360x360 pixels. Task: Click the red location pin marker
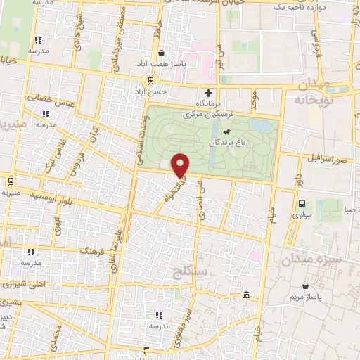point(181,165)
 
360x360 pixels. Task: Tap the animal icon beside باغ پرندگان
point(226,132)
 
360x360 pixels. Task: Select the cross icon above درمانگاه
point(208,93)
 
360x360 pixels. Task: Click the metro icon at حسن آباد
point(149,81)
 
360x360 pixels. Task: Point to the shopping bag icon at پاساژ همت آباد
point(162,53)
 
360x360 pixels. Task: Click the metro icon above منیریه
point(11,180)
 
